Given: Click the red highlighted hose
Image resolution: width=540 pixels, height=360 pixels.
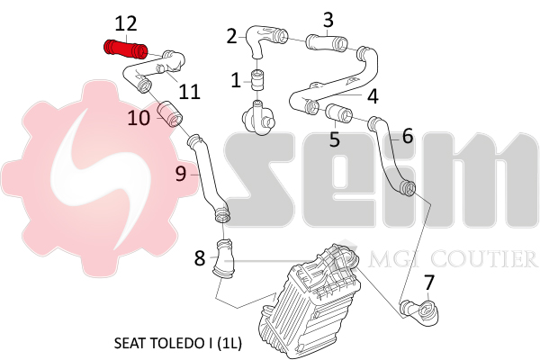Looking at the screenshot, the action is tap(126, 49).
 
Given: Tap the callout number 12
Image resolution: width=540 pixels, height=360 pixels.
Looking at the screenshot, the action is tap(126, 23).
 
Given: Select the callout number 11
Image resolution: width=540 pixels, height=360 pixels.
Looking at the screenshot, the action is tap(189, 92).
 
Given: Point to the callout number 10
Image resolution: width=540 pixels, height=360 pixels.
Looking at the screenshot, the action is tap(139, 118).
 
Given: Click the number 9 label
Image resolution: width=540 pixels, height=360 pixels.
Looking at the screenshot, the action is tap(181, 174).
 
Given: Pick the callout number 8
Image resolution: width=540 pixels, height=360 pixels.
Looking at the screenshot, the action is tap(200, 258).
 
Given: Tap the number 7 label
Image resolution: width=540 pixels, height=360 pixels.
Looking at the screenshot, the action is tap(428, 283).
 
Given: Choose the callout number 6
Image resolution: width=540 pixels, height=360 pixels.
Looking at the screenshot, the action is tap(408, 136).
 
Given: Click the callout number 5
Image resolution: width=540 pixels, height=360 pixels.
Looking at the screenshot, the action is tap(335, 139).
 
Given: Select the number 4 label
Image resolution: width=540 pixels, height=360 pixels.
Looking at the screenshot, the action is tap(373, 96).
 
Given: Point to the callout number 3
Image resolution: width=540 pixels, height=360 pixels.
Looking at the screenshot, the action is tap(328, 20).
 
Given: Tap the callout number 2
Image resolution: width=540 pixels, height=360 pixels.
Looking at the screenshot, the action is tap(232, 36).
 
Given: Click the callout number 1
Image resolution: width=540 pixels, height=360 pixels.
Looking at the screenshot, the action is tap(236, 80).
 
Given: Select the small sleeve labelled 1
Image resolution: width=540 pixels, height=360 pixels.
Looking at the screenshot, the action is tap(256, 79).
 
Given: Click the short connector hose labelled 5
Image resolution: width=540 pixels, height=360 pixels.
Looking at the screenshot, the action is tap(339, 112).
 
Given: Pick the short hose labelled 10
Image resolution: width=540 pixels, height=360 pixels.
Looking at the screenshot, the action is tap(170, 113).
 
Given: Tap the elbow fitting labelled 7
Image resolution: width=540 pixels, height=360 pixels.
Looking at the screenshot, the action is tap(419, 311).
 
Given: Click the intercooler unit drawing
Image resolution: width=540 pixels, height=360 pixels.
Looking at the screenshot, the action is tap(310, 300).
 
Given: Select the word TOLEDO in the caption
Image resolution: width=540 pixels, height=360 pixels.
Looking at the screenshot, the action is tap(176, 343).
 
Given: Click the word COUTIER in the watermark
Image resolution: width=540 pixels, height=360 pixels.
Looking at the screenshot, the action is tap(483, 258).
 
